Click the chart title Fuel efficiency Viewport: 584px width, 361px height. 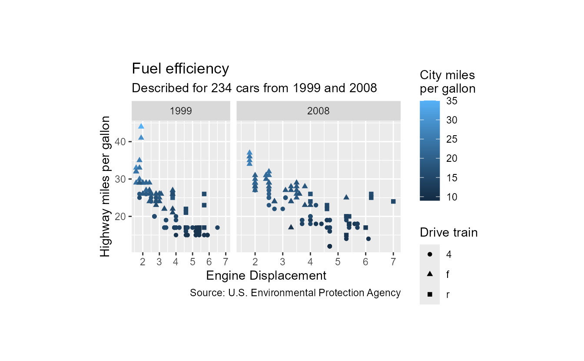180,69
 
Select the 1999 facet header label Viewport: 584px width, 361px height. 181,111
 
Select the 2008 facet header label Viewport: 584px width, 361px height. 318,111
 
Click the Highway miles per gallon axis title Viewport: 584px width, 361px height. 105,186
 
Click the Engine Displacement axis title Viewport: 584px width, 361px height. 266,276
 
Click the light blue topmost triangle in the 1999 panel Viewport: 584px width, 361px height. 141,126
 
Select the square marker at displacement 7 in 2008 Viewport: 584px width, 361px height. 393,201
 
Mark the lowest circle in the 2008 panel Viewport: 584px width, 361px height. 329,246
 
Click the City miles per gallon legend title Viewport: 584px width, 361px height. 448,82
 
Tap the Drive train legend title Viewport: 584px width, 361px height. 448,233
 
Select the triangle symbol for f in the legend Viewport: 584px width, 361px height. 430,274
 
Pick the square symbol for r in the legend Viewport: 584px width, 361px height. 430,294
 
